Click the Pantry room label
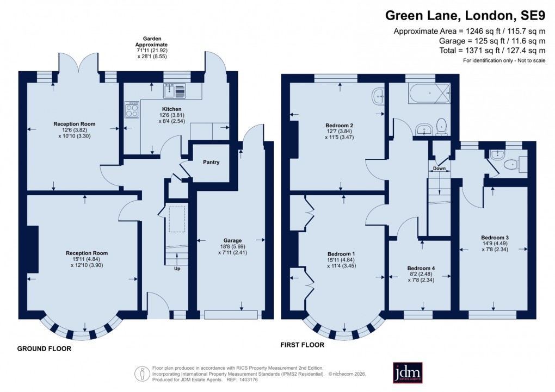tap(211, 162)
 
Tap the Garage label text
tap(232, 240)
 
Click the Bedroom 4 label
tap(421, 268)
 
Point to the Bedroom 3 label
tap(495, 238)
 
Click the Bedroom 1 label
tap(341, 254)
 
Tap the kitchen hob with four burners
tap(132, 110)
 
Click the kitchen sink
tap(175, 91)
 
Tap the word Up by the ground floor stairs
tap(177, 269)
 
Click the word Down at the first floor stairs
tap(439, 169)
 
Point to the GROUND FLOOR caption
tap(44, 349)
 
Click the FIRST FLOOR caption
tap(302, 345)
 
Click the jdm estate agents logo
tap(408, 372)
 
